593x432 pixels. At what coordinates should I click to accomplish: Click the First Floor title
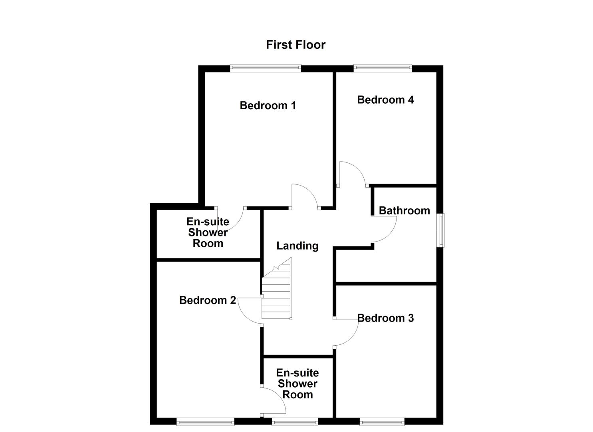point(296,44)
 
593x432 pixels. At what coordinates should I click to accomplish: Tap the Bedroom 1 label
point(268,106)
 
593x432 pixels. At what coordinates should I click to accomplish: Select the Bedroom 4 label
point(385,100)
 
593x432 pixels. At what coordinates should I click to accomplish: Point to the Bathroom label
point(404,211)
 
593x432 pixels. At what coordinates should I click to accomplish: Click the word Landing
point(297,246)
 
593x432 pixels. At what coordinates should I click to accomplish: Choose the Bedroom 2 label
point(207,300)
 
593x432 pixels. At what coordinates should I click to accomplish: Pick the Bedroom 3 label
point(385,318)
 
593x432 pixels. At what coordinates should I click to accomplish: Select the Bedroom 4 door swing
point(351,174)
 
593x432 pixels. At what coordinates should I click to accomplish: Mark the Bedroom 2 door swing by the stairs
point(250,311)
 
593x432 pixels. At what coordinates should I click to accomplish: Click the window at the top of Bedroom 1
point(266,68)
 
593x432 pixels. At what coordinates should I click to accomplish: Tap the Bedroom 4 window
point(383,68)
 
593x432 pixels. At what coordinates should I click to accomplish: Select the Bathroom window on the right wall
point(440,230)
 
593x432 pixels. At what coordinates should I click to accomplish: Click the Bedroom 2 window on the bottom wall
point(205,421)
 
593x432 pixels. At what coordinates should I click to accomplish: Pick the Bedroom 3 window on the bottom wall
point(382,421)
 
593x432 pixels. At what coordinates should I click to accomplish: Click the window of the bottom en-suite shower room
point(295,421)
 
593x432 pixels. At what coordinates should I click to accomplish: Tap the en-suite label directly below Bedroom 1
point(208,232)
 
